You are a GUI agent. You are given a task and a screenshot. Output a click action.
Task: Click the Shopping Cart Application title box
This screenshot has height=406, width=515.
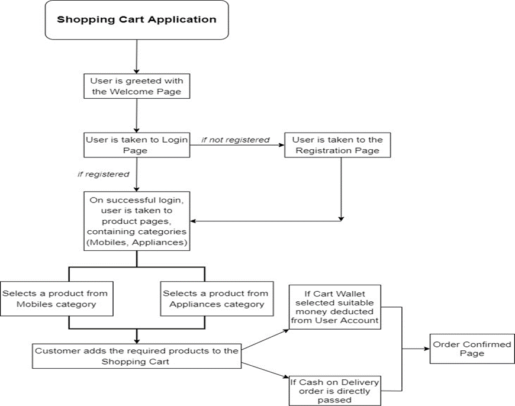pyautogui.click(x=137, y=20)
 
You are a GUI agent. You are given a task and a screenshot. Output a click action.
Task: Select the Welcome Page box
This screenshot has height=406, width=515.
pyautogui.click(x=137, y=86)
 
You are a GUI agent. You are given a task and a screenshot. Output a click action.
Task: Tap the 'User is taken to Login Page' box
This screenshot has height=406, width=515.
pyautogui.click(x=137, y=145)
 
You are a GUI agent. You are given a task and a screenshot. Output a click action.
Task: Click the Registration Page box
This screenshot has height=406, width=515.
pyautogui.click(x=337, y=145)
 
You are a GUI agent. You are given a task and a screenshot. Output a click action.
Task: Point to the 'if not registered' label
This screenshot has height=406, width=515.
pyautogui.click(x=236, y=140)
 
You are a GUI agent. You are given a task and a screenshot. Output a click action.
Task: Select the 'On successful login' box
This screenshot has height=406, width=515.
pyautogui.click(x=137, y=220)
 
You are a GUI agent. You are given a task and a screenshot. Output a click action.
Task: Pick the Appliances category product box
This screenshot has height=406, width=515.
pyautogui.click(x=215, y=299)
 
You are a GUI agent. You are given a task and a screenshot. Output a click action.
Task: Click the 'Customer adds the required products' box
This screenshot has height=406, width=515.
pyautogui.click(x=137, y=356)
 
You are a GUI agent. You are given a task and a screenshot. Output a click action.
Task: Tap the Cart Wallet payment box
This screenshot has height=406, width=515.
pyautogui.click(x=334, y=307)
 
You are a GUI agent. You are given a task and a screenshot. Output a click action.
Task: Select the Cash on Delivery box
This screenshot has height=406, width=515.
pyautogui.click(x=334, y=391)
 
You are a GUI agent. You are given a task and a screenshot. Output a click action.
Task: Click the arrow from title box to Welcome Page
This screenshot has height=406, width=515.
pyautogui.click(x=137, y=56)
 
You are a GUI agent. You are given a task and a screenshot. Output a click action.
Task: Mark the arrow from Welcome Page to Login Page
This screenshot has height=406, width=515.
pyautogui.click(x=137, y=115)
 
